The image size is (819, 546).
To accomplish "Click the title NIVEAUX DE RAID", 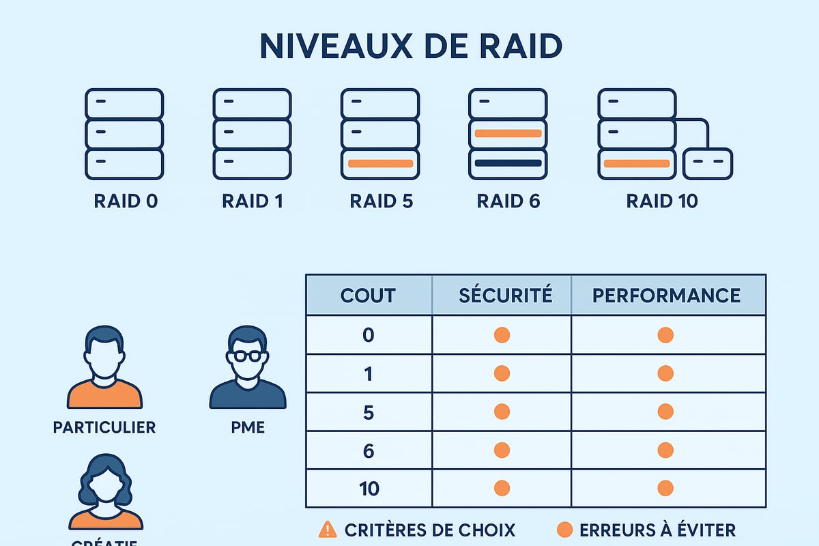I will (x=410, y=46).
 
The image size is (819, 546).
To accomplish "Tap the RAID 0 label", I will (x=126, y=201).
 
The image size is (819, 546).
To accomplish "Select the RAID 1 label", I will (x=253, y=201).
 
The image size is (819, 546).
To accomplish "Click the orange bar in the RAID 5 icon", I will (x=380, y=164).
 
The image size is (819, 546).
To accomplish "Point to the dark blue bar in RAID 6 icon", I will (x=508, y=164).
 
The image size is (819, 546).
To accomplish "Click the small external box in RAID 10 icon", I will (x=708, y=164).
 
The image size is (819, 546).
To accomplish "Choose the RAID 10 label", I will (x=662, y=201).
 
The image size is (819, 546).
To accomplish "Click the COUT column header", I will (x=368, y=295).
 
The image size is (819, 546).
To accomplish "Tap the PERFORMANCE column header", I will (x=666, y=295).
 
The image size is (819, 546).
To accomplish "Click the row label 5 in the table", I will (x=369, y=412).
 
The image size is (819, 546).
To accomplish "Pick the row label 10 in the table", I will (x=369, y=489).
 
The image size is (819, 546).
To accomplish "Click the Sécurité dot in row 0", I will (x=502, y=335).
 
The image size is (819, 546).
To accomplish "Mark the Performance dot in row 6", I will (x=665, y=450).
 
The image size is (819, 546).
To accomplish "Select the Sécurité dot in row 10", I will (x=502, y=489).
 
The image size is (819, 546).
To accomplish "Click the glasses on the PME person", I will (x=247, y=356).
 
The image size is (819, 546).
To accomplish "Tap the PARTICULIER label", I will (x=104, y=428).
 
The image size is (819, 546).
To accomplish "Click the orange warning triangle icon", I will (x=328, y=530).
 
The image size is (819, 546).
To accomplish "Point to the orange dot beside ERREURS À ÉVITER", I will (x=564, y=530).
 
